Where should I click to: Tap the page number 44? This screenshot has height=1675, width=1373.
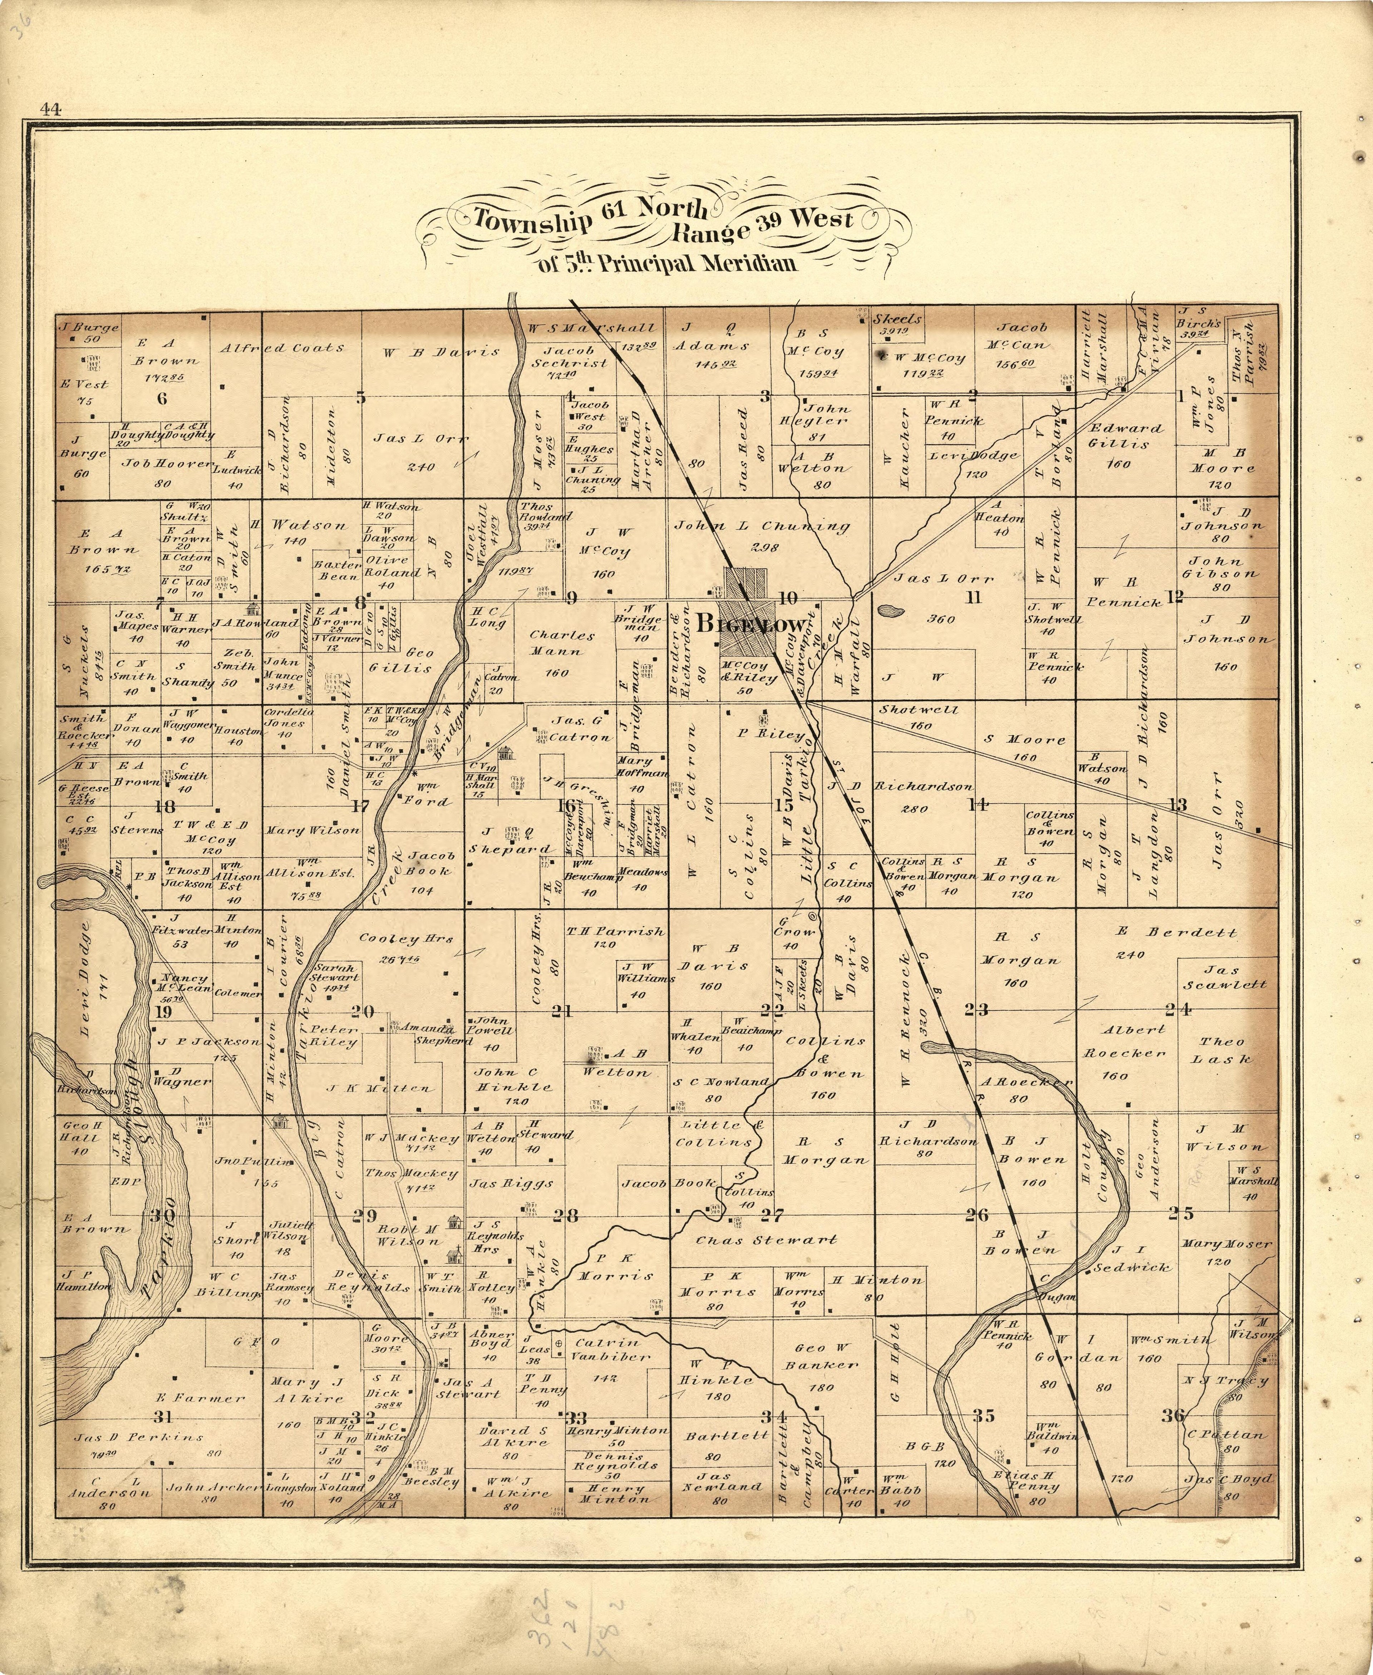coord(53,110)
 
